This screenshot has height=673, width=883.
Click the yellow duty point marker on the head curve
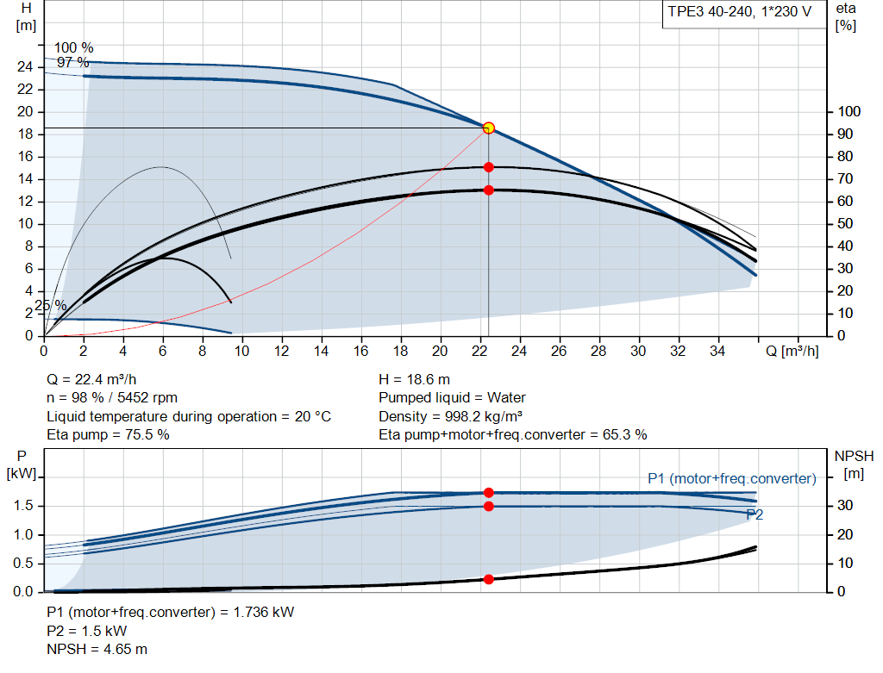tap(488, 128)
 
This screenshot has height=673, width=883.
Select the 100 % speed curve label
tap(74, 47)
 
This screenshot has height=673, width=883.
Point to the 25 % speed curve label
tap(50, 305)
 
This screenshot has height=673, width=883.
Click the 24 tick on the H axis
tap(26, 67)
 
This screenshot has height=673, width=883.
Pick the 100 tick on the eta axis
tap(849, 112)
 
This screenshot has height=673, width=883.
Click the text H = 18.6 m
tap(414, 379)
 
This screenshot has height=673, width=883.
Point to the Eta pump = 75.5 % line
tap(108, 434)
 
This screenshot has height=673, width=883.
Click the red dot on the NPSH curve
tap(488, 579)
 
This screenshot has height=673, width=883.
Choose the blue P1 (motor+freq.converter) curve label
tap(731, 478)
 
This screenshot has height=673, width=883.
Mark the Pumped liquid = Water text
tap(452, 397)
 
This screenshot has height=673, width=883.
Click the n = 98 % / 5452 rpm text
tap(112, 397)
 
